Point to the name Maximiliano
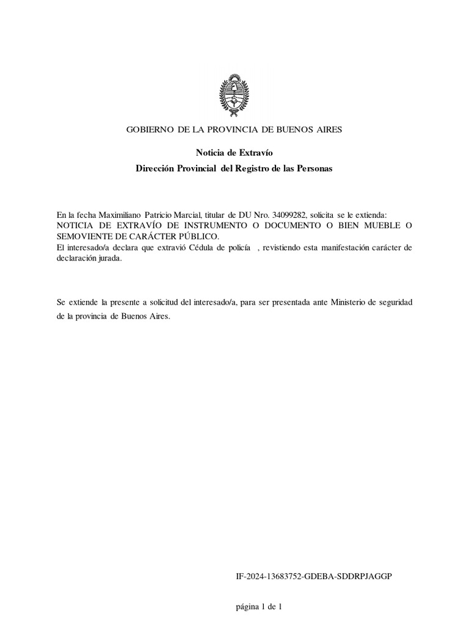119,215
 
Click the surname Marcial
194,215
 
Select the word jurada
109,258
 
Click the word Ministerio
351,303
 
